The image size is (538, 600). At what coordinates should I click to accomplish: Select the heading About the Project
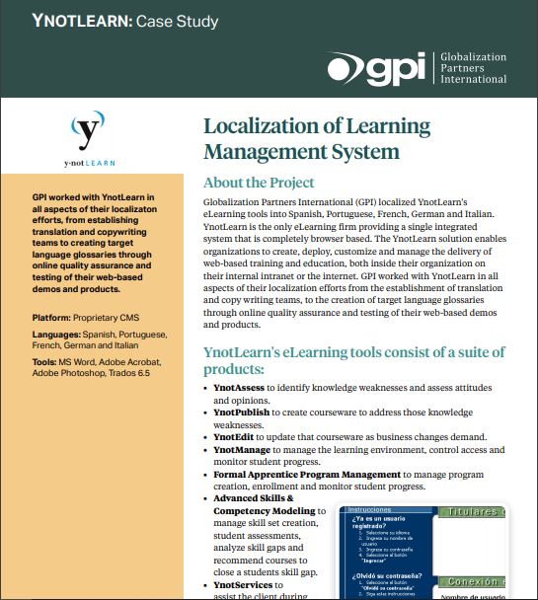259,183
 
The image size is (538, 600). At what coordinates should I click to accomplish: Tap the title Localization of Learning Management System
316,139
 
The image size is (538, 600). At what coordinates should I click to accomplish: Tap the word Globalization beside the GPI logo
472,57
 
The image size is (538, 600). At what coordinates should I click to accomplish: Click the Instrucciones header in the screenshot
368,510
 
